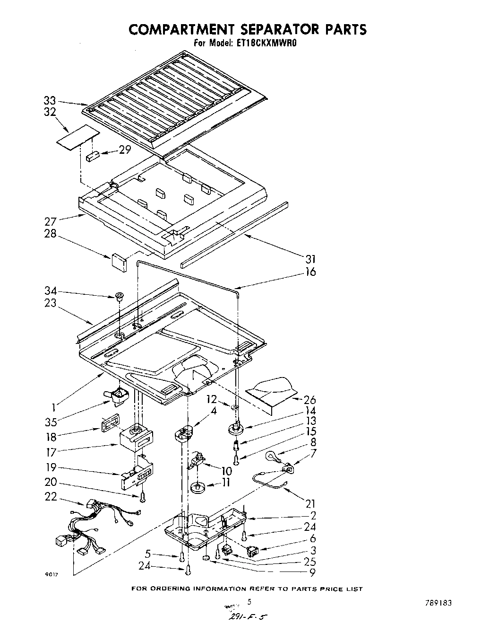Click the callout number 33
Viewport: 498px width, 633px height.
tap(50, 101)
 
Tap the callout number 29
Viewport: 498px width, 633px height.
tap(124, 150)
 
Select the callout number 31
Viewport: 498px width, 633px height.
tap(310, 259)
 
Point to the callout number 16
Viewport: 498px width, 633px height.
tap(310, 272)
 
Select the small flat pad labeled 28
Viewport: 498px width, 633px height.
tap(119, 262)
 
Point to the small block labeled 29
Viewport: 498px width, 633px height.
tap(92, 156)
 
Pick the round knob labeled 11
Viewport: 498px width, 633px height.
tap(198, 487)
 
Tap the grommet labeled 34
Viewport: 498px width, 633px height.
tap(118, 297)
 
